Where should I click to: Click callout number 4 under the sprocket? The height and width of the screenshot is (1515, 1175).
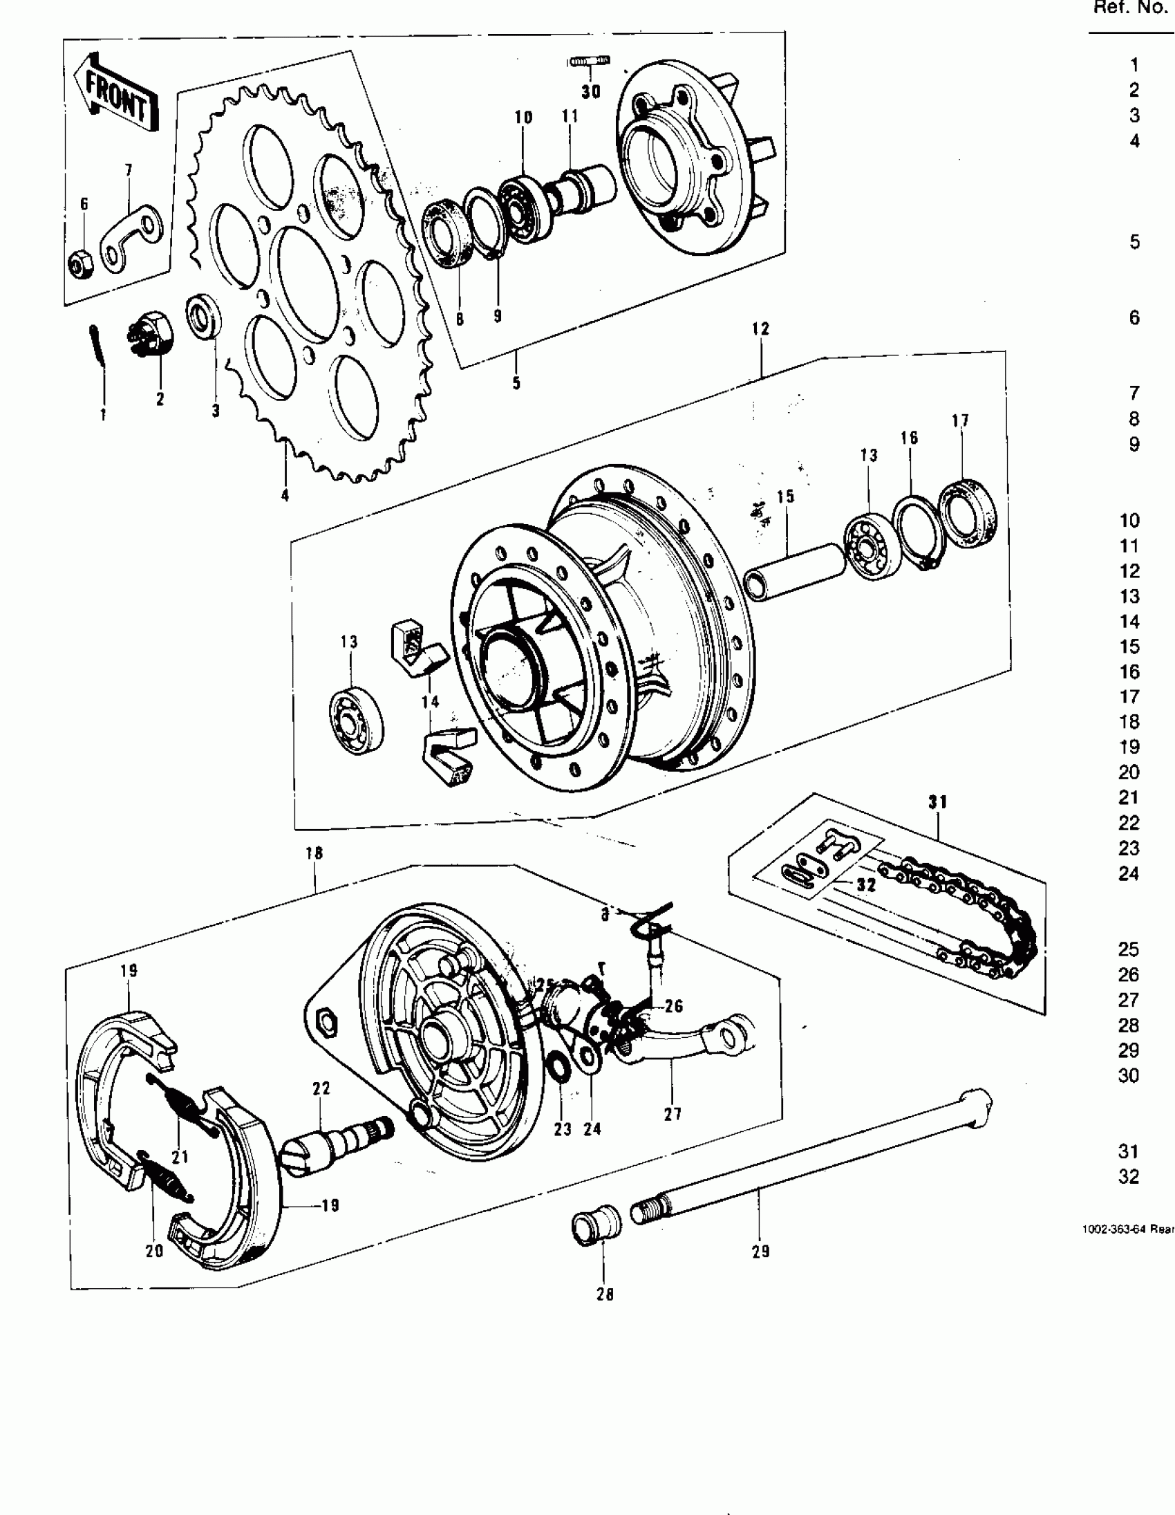[x=285, y=495]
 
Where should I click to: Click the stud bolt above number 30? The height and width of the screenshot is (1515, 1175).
[x=590, y=62]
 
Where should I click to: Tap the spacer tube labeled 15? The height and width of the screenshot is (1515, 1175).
[x=794, y=570]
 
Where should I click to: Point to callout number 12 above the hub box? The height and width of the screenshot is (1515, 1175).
[x=760, y=329]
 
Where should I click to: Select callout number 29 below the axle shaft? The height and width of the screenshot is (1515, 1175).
[x=760, y=1252]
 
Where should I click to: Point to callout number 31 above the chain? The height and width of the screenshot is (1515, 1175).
[x=937, y=802]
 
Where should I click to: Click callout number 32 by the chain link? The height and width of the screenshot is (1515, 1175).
[x=866, y=884]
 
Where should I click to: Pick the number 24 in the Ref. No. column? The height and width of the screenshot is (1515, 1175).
[x=1129, y=873]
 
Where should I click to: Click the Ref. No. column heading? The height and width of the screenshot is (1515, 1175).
[x=1130, y=8]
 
